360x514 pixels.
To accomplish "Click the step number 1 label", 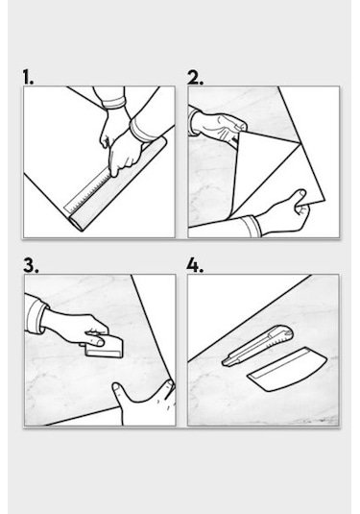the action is [28, 78].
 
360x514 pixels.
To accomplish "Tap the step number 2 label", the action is [195, 78].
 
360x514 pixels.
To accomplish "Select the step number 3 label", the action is [31, 265].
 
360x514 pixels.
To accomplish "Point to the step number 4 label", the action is [195, 265].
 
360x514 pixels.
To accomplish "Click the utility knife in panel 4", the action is [257, 346].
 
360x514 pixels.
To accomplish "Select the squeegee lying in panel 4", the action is [287, 370].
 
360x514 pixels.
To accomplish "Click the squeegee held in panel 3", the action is [105, 348].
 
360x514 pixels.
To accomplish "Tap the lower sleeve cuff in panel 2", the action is [252, 226].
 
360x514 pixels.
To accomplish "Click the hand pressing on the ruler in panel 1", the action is [123, 154].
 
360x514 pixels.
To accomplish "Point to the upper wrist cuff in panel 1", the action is [113, 103].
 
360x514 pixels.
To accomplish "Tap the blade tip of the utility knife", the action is [224, 362].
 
